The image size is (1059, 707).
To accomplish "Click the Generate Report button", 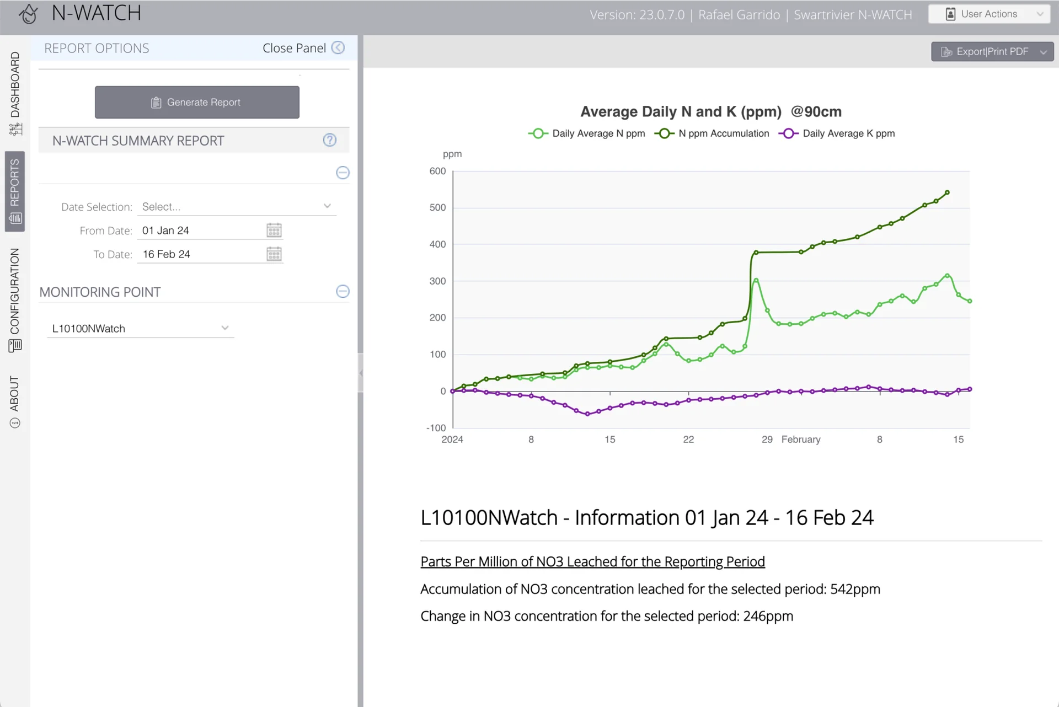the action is (197, 102).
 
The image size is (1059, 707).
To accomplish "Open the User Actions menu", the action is (989, 14).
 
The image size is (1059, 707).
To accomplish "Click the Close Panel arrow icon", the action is (338, 48).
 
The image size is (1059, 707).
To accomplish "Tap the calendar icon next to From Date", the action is (274, 230).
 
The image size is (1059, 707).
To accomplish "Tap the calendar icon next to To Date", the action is (274, 254).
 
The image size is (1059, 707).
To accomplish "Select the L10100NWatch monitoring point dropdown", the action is (141, 329).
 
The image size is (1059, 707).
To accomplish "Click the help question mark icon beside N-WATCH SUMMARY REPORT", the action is (330, 140).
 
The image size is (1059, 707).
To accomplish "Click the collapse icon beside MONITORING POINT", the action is (343, 291).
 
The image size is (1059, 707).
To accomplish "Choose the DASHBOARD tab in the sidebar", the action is (15, 93).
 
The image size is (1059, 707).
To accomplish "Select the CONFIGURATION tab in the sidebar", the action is (15, 300).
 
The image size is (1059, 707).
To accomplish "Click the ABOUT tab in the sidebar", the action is (15, 401).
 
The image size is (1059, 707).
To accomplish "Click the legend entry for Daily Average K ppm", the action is (837, 133).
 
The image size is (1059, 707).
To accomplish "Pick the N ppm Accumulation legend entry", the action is (712, 133).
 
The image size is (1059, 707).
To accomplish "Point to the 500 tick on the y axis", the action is (438, 207).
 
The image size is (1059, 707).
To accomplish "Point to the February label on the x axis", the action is (801, 440).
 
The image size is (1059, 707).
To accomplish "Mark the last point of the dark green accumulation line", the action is (947, 192).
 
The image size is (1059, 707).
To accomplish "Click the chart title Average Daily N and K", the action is (681, 112).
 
